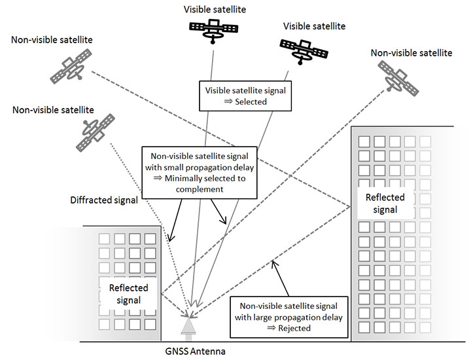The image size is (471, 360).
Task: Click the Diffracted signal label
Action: (103, 201)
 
